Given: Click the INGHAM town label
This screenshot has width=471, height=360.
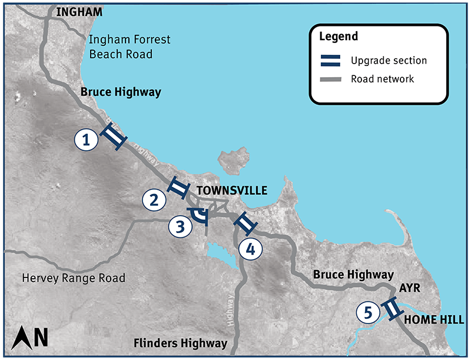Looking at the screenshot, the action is tap(79, 12).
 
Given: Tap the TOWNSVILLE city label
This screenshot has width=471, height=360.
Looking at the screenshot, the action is tap(231, 191).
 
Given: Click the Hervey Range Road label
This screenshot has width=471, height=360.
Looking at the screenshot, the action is tap(73, 278).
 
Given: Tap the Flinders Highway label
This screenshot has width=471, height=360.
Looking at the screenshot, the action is tap(180, 343).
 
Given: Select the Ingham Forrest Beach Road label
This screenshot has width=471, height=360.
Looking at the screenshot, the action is tap(130, 47).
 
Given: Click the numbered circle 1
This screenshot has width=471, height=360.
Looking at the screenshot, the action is tap(87, 140).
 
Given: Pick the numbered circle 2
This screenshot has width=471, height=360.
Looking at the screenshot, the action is tap(154, 200).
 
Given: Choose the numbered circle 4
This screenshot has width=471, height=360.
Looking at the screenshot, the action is tap(250, 249).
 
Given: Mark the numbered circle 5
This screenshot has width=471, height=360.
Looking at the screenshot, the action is tap(368, 312).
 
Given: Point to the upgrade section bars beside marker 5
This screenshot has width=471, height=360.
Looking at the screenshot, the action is tap(392, 309).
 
